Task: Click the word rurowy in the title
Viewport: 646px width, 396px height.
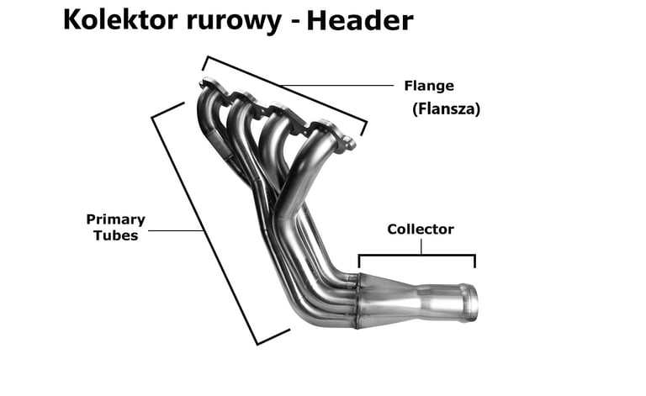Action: click(232, 20)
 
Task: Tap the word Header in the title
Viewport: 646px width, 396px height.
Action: click(359, 20)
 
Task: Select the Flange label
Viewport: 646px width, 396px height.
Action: click(429, 86)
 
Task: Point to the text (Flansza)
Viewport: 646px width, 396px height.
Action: click(446, 109)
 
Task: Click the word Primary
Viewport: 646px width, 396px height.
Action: click(115, 219)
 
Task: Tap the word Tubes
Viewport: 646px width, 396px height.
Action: click(116, 235)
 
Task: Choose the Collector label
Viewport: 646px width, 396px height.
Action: click(421, 230)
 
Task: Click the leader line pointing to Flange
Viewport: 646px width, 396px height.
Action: click(336, 85)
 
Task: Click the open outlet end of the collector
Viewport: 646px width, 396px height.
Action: click(471, 304)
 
